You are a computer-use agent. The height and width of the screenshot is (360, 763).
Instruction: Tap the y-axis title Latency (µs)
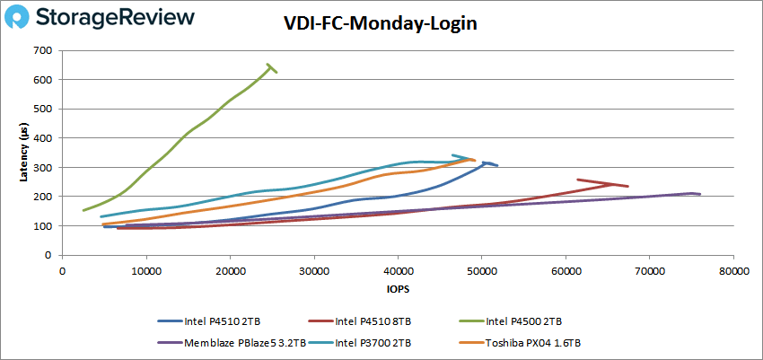[24, 153]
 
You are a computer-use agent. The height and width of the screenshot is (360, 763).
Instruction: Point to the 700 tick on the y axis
[43, 50]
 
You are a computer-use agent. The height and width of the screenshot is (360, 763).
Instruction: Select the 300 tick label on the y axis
[43, 168]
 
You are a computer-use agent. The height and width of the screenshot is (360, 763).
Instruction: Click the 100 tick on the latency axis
[43, 226]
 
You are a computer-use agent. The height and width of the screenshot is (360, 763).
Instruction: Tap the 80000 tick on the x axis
[733, 269]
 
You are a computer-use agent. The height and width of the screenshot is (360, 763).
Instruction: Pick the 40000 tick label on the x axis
[398, 269]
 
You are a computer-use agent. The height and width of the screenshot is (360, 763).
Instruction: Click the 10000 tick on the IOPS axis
[145, 269]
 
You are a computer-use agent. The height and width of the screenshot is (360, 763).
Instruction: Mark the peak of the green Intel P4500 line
[268, 65]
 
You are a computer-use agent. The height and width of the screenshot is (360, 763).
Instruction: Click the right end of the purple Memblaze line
[700, 194]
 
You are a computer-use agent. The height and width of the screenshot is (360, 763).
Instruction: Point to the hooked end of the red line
[577, 180]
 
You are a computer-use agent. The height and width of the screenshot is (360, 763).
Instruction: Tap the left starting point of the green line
[83, 211]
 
